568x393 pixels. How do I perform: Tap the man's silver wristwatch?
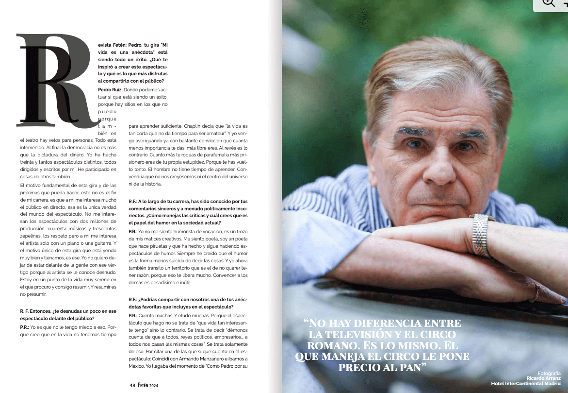[x=482, y=236]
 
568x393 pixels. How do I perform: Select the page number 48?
[x=132, y=385]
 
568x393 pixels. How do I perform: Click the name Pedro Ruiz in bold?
[x=110, y=89]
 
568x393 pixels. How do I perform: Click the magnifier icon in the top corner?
[x=549, y=2]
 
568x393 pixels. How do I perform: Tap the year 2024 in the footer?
[x=154, y=385]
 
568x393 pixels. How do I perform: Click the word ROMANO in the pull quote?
[x=323, y=345]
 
